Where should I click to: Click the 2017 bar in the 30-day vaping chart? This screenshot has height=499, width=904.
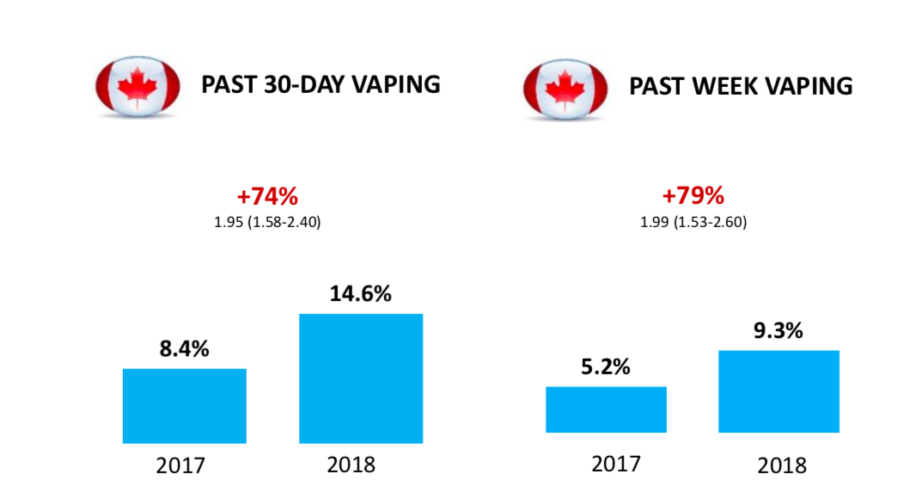(185, 405)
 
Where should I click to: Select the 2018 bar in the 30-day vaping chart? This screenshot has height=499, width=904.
(361, 378)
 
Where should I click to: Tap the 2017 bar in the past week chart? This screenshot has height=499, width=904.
(606, 410)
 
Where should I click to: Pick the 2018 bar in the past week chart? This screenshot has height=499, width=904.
(779, 391)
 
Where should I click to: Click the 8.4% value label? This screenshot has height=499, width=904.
(184, 349)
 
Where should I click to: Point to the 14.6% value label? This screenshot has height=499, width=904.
(361, 293)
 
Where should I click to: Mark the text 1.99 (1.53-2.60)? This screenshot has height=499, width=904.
(693, 222)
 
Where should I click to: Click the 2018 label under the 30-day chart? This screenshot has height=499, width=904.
(351, 465)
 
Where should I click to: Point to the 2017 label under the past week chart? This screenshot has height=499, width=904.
(616, 464)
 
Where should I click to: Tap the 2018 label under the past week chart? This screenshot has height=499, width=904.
(782, 465)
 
